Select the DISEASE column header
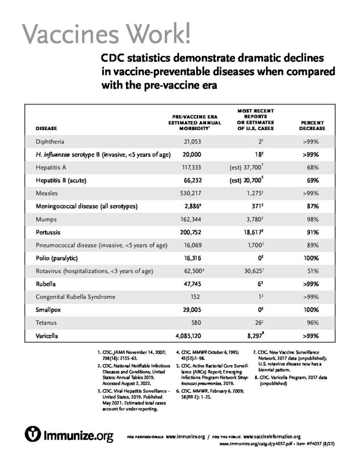(46, 129)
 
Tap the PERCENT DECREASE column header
(312, 126)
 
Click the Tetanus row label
(46, 323)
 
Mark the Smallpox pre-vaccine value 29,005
(196, 310)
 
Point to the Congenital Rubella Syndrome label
(76, 297)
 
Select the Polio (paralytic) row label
(57, 258)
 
